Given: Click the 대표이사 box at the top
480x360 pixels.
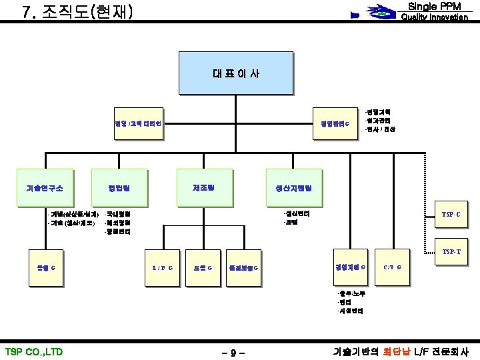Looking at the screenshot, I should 236,73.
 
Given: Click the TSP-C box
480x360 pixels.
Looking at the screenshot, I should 451,215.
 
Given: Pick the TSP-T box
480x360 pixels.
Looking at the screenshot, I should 451,251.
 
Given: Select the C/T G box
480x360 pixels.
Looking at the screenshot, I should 392,268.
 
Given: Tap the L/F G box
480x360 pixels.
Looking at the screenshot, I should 162,268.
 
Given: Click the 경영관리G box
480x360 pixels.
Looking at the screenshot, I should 334,124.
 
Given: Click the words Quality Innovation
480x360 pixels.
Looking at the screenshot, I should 433,17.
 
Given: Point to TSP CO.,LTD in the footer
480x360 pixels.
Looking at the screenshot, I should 33,351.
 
